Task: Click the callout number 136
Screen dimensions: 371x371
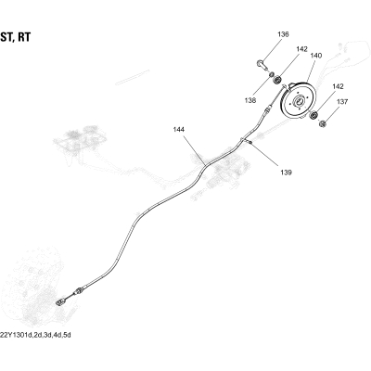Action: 283,34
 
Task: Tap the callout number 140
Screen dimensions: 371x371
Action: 316,56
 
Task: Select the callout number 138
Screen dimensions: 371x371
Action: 249,100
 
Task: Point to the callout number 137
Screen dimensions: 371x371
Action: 342,102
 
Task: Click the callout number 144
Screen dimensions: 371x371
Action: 179,130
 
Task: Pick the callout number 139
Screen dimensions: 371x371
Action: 286,173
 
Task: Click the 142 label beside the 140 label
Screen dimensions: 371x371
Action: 301,49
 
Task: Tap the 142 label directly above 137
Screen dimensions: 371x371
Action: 338,86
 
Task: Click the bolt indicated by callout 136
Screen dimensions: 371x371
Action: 262,65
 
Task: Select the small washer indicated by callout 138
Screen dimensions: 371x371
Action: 271,75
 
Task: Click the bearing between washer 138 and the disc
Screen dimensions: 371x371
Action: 278,80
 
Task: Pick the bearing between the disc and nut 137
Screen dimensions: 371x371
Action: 313,116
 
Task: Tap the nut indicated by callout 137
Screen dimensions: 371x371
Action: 323,123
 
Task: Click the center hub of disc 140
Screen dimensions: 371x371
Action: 300,101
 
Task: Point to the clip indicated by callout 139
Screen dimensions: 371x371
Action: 249,142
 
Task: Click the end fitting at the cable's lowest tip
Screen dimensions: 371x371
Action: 60,301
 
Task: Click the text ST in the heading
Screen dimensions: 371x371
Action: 6,37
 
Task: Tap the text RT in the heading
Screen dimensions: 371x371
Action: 24,37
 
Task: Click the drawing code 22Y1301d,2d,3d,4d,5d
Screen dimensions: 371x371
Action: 35,335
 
